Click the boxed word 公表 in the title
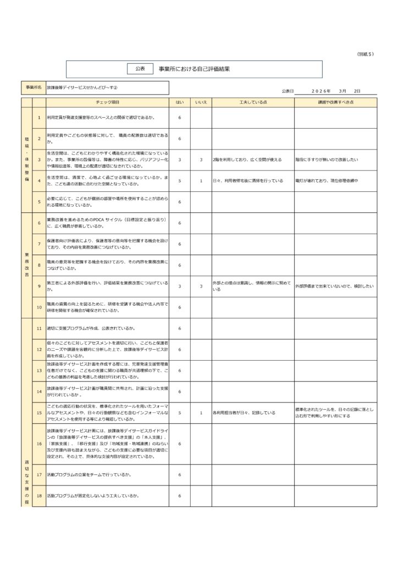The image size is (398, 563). (140, 69)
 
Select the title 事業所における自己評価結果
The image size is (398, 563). (194, 69)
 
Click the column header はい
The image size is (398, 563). (179, 102)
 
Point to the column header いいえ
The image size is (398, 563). (201, 102)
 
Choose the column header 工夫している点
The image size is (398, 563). (253, 102)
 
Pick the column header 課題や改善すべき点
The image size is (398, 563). (335, 102)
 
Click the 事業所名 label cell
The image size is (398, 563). (33, 88)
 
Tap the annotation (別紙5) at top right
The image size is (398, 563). (365, 54)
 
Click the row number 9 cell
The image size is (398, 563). (39, 286)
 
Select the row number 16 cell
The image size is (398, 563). (39, 443)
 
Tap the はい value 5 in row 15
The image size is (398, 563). (179, 412)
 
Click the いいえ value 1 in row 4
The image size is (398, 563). (201, 180)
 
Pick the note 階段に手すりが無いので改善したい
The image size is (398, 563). (327, 159)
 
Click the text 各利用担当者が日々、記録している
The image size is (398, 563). (244, 412)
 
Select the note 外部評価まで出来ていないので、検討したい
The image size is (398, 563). (334, 286)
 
